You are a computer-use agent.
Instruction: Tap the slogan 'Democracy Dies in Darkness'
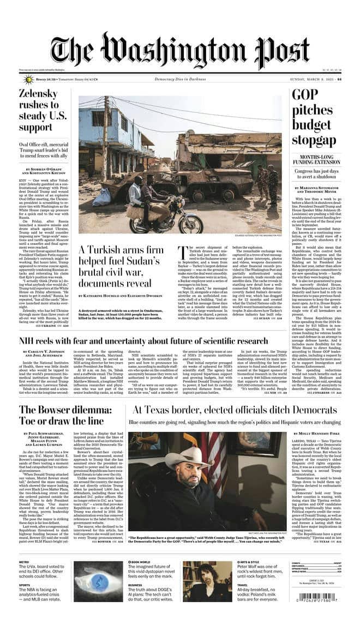[x=179, y=79]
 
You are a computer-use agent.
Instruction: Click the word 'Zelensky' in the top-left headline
[x=39, y=93]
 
